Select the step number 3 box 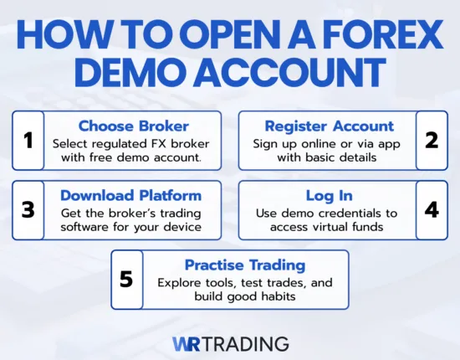(x=28, y=209)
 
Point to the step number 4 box (x=432, y=209)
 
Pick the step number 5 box (x=127, y=279)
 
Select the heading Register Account (x=329, y=126)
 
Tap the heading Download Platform (x=130, y=195)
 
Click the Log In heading (x=329, y=195)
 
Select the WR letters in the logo (x=188, y=343)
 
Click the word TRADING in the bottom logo (x=248, y=343)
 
